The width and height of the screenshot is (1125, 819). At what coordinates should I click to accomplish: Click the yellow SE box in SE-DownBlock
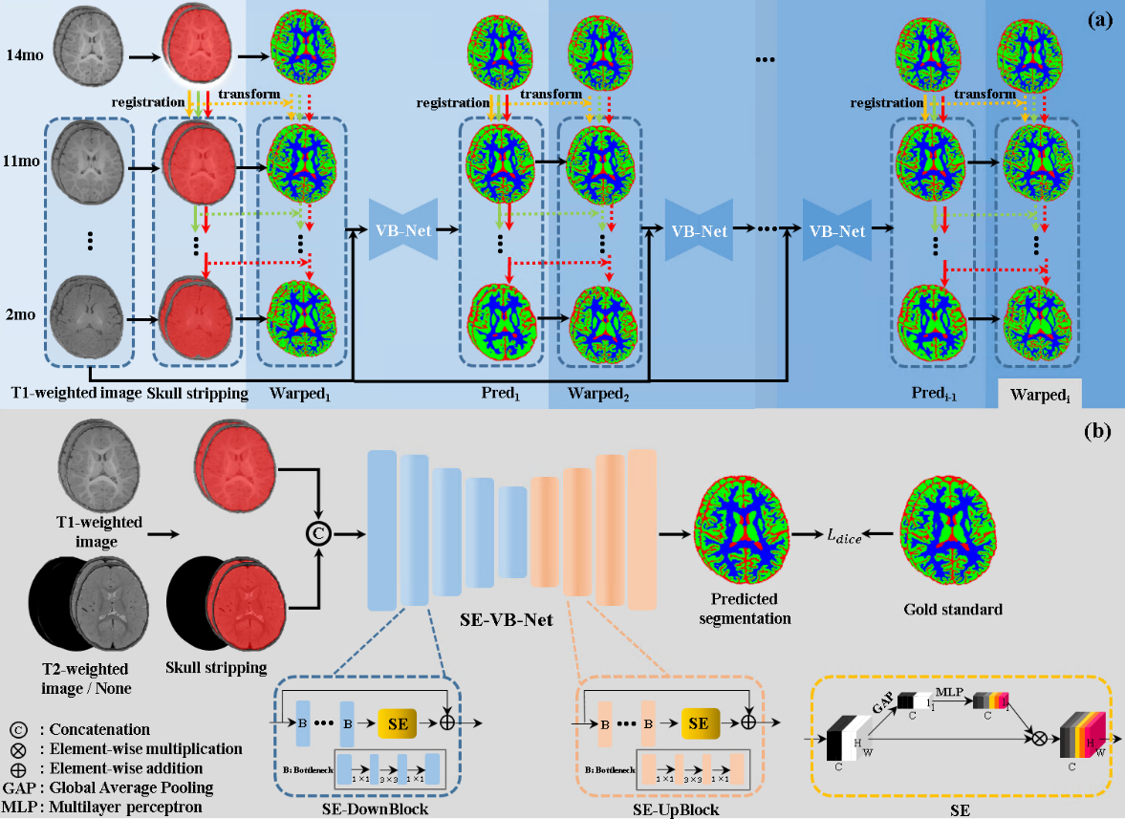click(x=404, y=724)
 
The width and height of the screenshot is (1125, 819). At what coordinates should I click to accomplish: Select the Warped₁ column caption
click(x=300, y=393)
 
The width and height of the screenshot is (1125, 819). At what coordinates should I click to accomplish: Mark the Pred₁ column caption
click(x=501, y=393)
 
